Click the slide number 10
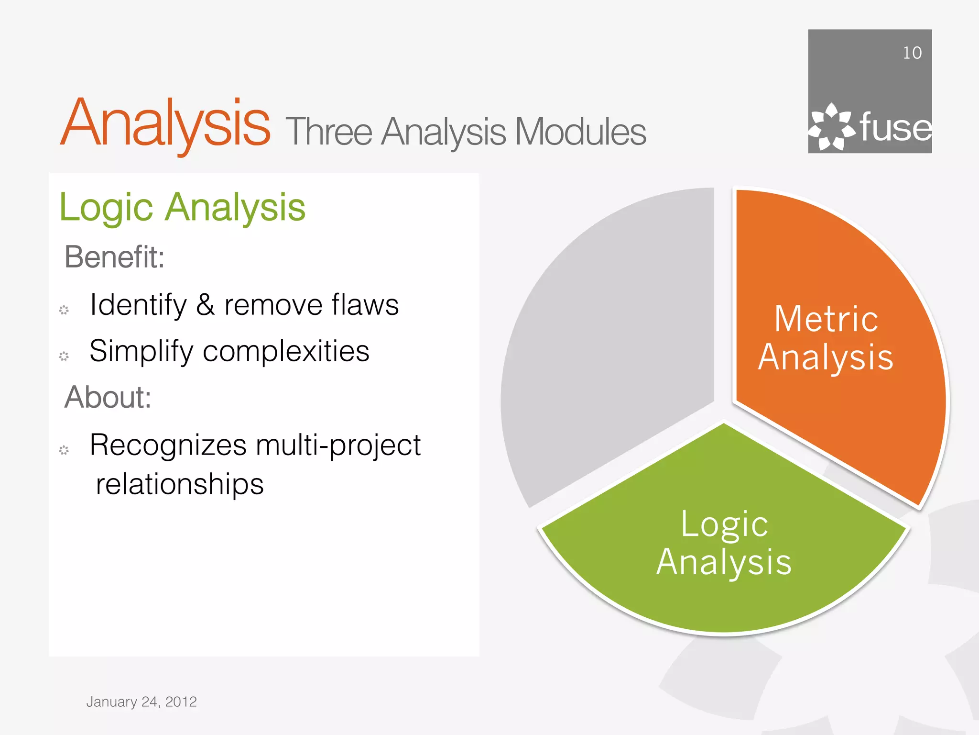click(x=912, y=53)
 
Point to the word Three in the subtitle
click(x=329, y=132)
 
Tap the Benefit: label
click(x=115, y=257)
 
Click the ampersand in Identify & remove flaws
click(x=205, y=305)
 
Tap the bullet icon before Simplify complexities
click(x=64, y=356)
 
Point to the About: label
click(x=108, y=397)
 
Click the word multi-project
click(x=338, y=445)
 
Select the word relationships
click(x=180, y=484)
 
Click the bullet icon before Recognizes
click(x=64, y=450)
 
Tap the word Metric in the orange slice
click(x=826, y=319)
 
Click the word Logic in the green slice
click(x=724, y=524)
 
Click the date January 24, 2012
click(x=141, y=702)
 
